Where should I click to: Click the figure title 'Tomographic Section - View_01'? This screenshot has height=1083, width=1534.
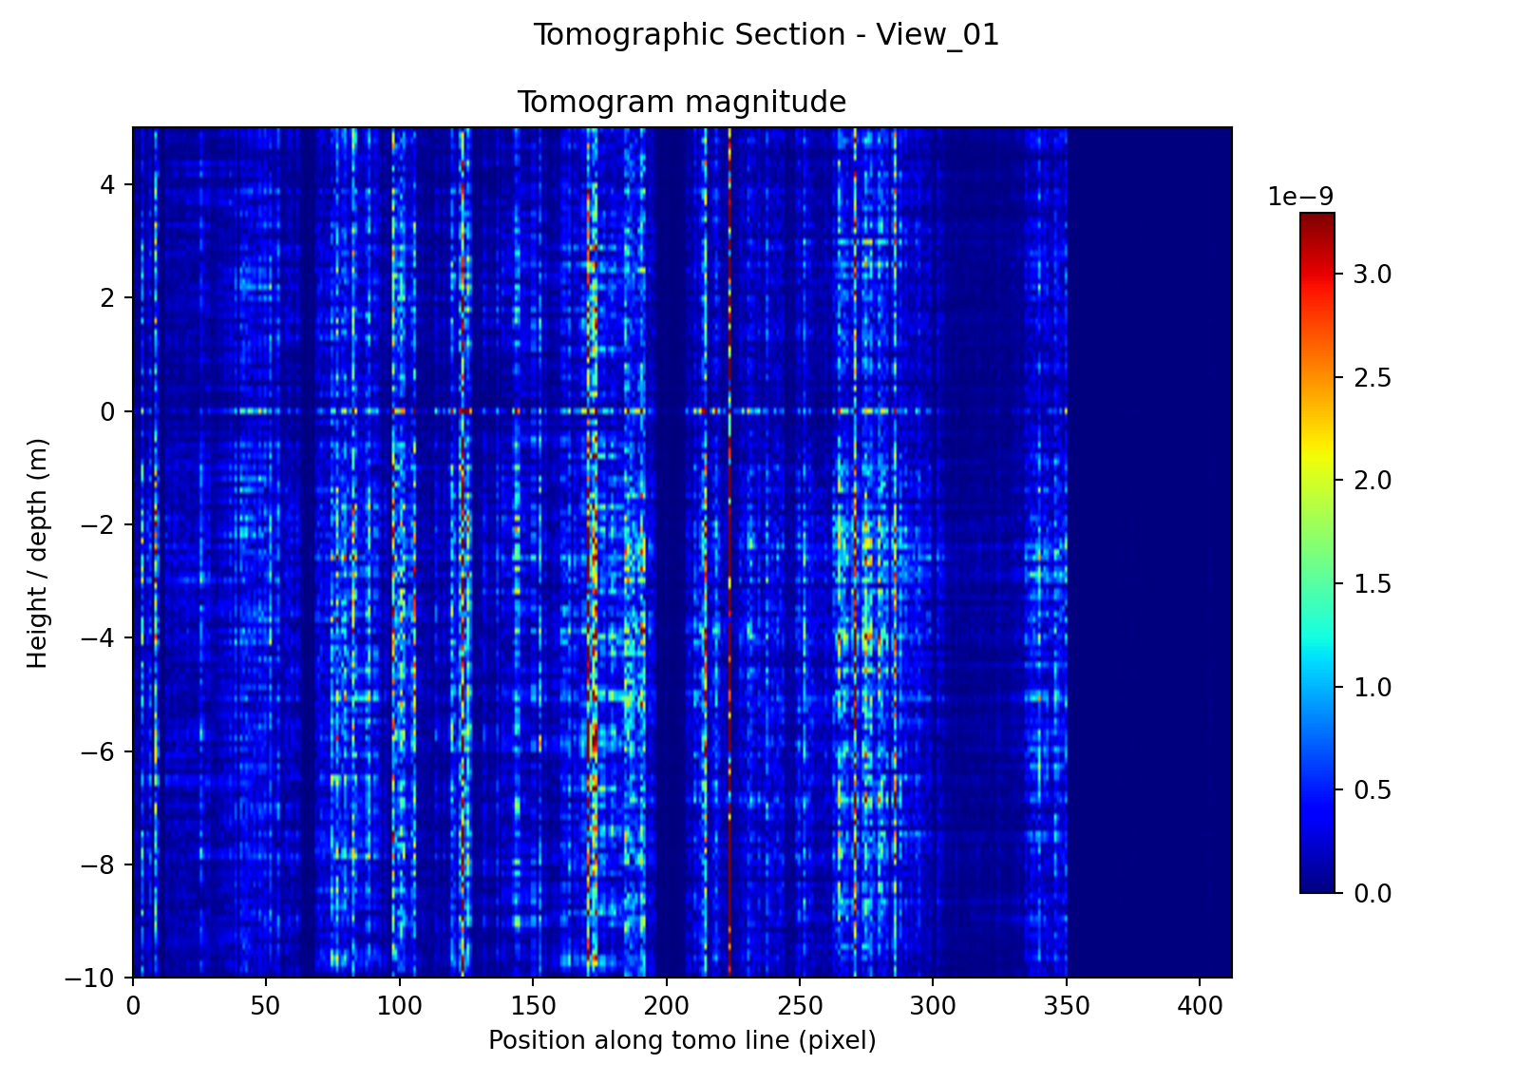(766, 35)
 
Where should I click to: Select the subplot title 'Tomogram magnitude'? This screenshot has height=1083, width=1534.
(681, 102)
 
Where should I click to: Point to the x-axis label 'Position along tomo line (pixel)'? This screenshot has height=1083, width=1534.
(681, 1041)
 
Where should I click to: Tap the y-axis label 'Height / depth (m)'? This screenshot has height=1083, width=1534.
(37, 553)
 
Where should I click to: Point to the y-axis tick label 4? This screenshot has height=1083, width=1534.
(110, 184)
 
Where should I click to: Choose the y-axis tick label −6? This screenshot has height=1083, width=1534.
(102, 751)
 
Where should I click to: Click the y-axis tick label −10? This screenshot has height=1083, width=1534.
(95, 978)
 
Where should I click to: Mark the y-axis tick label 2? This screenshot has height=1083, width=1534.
(110, 298)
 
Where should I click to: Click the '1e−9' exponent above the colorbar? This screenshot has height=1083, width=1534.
(1300, 197)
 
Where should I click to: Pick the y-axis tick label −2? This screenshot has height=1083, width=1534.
(102, 525)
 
